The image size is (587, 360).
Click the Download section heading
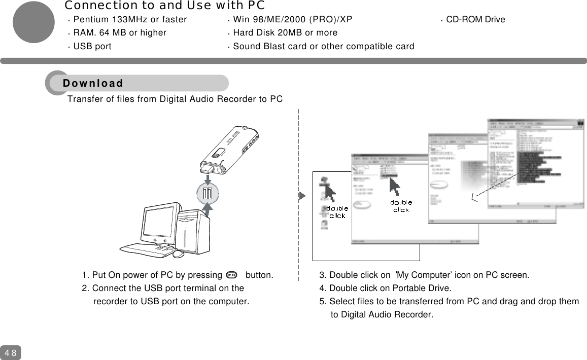pos(93,83)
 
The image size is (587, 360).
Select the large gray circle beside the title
pos(33,22)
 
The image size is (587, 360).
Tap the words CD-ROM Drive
pos(475,20)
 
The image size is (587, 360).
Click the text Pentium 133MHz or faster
pos(130,20)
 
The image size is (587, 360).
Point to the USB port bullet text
pos(92,47)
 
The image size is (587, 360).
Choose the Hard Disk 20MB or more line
pos(285,33)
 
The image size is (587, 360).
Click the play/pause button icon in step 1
pos(231,275)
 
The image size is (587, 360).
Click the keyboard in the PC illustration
pos(145,249)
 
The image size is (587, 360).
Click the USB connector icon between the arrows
pos(208,193)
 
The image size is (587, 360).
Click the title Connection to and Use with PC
pos(164,6)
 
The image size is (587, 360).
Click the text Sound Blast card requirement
pos(323,47)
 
